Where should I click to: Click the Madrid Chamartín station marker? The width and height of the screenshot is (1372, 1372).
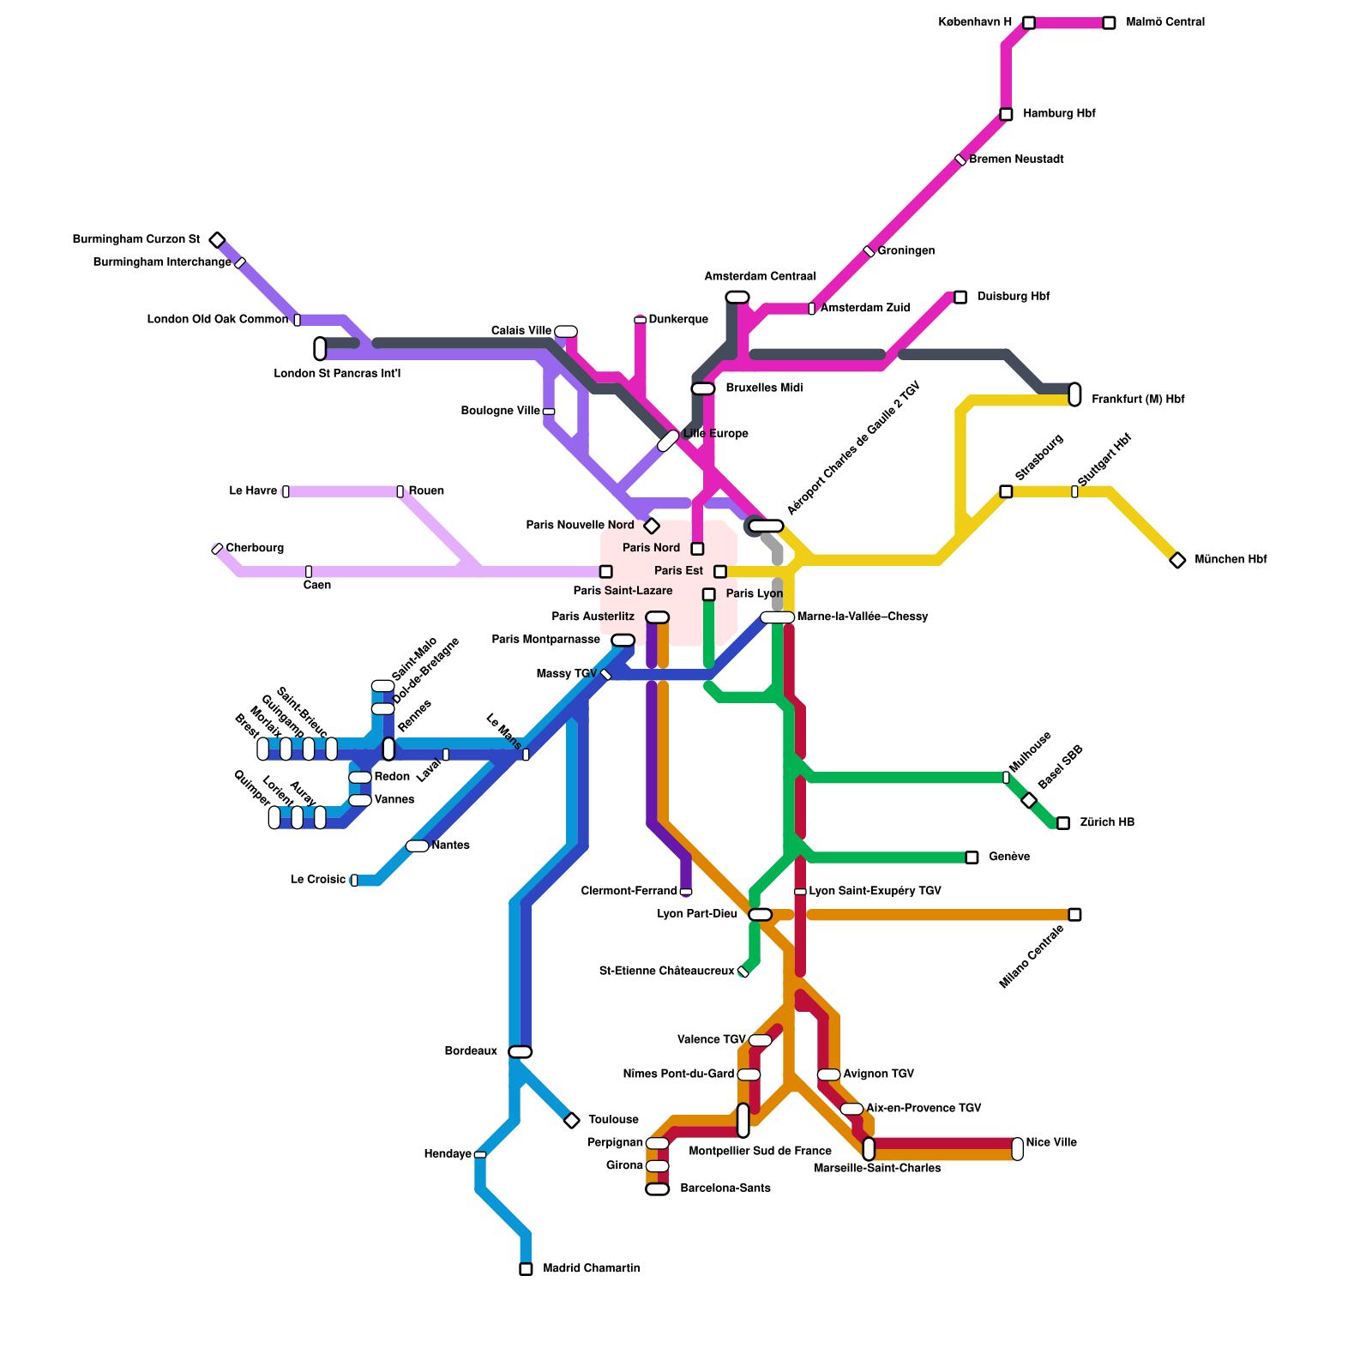pyautogui.click(x=526, y=1269)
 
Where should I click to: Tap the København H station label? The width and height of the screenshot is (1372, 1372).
pyautogui.click(x=975, y=22)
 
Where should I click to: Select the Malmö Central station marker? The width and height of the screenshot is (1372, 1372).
pyautogui.click(x=1109, y=23)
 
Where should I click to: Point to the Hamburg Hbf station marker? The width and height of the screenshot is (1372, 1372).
pyautogui.click(x=1006, y=114)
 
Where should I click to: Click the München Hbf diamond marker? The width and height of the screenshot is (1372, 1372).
pyautogui.click(x=1177, y=560)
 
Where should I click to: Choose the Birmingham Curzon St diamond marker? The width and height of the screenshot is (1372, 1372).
pyautogui.click(x=218, y=240)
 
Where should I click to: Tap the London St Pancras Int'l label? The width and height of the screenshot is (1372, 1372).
pyautogui.click(x=337, y=374)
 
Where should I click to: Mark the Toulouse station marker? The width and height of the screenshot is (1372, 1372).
pyautogui.click(x=572, y=1120)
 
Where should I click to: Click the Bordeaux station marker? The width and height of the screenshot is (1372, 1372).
pyautogui.click(x=521, y=1052)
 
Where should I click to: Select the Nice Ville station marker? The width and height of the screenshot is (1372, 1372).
pyautogui.click(x=1017, y=1148)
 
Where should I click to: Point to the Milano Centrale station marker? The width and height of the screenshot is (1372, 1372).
pyautogui.click(x=1074, y=915)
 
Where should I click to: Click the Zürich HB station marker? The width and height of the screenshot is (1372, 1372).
pyautogui.click(x=1063, y=823)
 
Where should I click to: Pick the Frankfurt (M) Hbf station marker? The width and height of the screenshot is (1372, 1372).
pyautogui.click(x=1074, y=394)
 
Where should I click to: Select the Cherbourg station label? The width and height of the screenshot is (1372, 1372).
pyautogui.click(x=255, y=548)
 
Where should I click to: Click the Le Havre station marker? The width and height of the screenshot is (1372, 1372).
pyautogui.click(x=286, y=491)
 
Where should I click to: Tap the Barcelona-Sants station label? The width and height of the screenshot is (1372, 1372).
pyautogui.click(x=725, y=1188)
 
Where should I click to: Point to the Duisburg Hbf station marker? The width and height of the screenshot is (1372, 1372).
pyautogui.click(x=960, y=297)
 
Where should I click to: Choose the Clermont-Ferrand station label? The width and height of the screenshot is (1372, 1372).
pyautogui.click(x=629, y=892)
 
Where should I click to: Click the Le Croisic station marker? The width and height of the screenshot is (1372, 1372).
pyautogui.click(x=354, y=880)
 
